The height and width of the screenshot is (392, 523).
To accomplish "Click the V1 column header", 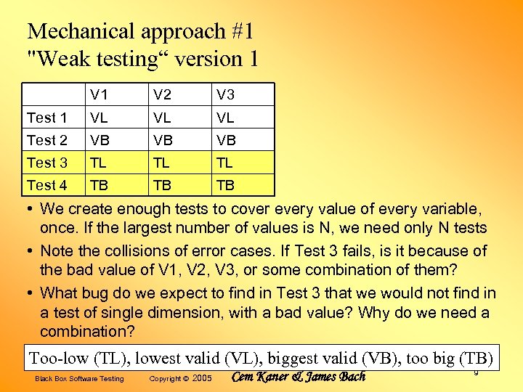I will [x=100, y=95].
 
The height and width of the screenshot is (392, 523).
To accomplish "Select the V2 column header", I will [x=162, y=95].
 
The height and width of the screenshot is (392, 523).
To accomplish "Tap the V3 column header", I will [x=224, y=95].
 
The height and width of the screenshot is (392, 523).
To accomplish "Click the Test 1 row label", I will [x=46, y=118].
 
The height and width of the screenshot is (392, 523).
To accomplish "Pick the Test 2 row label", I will [x=46, y=140].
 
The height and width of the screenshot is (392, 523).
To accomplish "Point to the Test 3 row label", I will [x=46, y=163].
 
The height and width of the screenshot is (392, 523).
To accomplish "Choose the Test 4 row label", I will [x=46, y=185].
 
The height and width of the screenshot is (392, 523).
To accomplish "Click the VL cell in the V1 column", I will [x=100, y=118].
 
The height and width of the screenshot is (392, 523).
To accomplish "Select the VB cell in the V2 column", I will [x=162, y=140].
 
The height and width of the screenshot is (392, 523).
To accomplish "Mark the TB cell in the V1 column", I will [x=100, y=185].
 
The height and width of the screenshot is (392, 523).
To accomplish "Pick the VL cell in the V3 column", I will [x=224, y=118].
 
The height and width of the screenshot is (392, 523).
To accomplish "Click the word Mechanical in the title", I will [x=81, y=32].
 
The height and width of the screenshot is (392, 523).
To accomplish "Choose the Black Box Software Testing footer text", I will [x=79, y=379].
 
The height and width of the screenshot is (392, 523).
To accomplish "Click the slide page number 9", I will [x=476, y=372].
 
